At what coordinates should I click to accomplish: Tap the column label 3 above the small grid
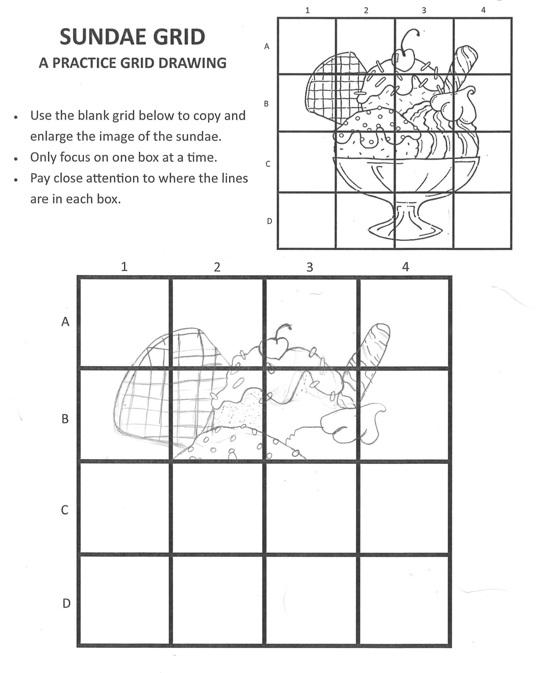pyautogui.click(x=424, y=10)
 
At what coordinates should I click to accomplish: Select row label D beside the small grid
pyautogui.click(x=269, y=221)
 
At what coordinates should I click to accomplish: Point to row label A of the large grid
pyautogui.click(x=65, y=321)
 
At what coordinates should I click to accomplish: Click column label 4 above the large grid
pyautogui.click(x=405, y=266)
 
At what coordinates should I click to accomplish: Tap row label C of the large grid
pyautogui.click(x=65, y=510)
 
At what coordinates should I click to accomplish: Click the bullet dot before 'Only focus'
pyautogui.click(x=15, y=159)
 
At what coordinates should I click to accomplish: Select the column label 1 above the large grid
pyautogui.click(x=124, y=266)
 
